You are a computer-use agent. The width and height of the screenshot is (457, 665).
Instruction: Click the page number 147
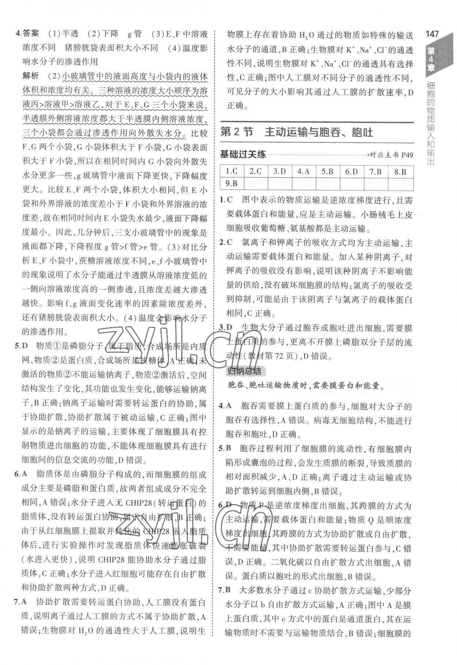tap(432, 34)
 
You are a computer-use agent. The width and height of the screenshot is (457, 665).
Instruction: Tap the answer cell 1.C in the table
tap(232, 171)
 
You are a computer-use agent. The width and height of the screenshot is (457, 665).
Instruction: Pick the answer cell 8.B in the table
tap(401, 171)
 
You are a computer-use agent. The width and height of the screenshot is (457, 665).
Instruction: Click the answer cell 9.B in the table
tap(232, 183)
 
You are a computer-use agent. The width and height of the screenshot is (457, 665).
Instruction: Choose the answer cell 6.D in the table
tap(352, 171)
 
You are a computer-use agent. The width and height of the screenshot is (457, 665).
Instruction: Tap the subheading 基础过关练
tap(243, 154)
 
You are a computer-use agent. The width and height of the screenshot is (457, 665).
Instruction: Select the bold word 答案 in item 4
tap(30, 35)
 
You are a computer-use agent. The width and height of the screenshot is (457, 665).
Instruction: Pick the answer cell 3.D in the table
tap(280, 171)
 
